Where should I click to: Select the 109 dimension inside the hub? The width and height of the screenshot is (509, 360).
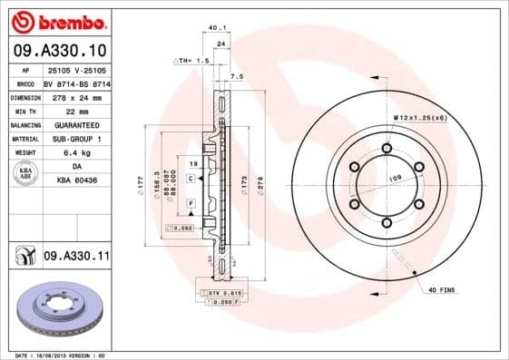(x=395, y=180)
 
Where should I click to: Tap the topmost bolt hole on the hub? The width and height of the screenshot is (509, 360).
(x=387, y=148)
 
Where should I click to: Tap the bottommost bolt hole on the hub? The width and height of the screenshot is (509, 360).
(x=387, y=223)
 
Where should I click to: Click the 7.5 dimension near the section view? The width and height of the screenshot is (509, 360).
(x=238, y=76)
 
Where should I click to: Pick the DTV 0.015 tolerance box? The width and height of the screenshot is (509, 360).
(x=221, y=294)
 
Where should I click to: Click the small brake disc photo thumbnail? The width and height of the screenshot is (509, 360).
(x=60, y=310)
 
